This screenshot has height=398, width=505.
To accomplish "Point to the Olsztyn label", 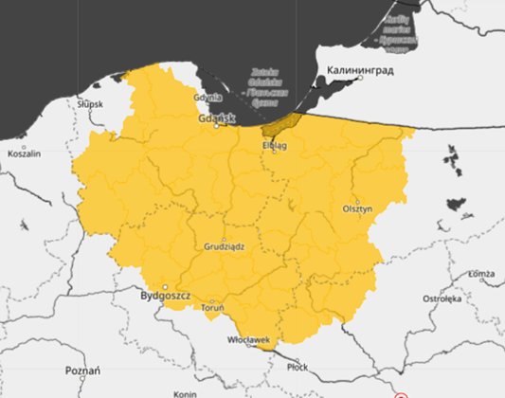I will coord(359,209).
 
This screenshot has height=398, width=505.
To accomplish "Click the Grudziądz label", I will coord(225,246).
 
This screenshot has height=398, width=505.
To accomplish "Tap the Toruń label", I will coord(212,307).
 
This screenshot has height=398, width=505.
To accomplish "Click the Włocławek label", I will coord(250,339).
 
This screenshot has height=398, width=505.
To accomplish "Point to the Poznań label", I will coord(82,370).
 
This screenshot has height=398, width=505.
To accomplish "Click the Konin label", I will coord(185,393).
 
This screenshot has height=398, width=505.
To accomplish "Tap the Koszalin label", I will coord(24,154).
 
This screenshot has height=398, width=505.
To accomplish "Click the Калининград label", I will coord(360,70).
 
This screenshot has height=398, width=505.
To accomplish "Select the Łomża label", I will coord(483,275).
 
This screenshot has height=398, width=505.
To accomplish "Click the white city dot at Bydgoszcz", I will coord(165,286).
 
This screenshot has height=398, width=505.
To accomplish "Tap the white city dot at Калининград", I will coord(360,80).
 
